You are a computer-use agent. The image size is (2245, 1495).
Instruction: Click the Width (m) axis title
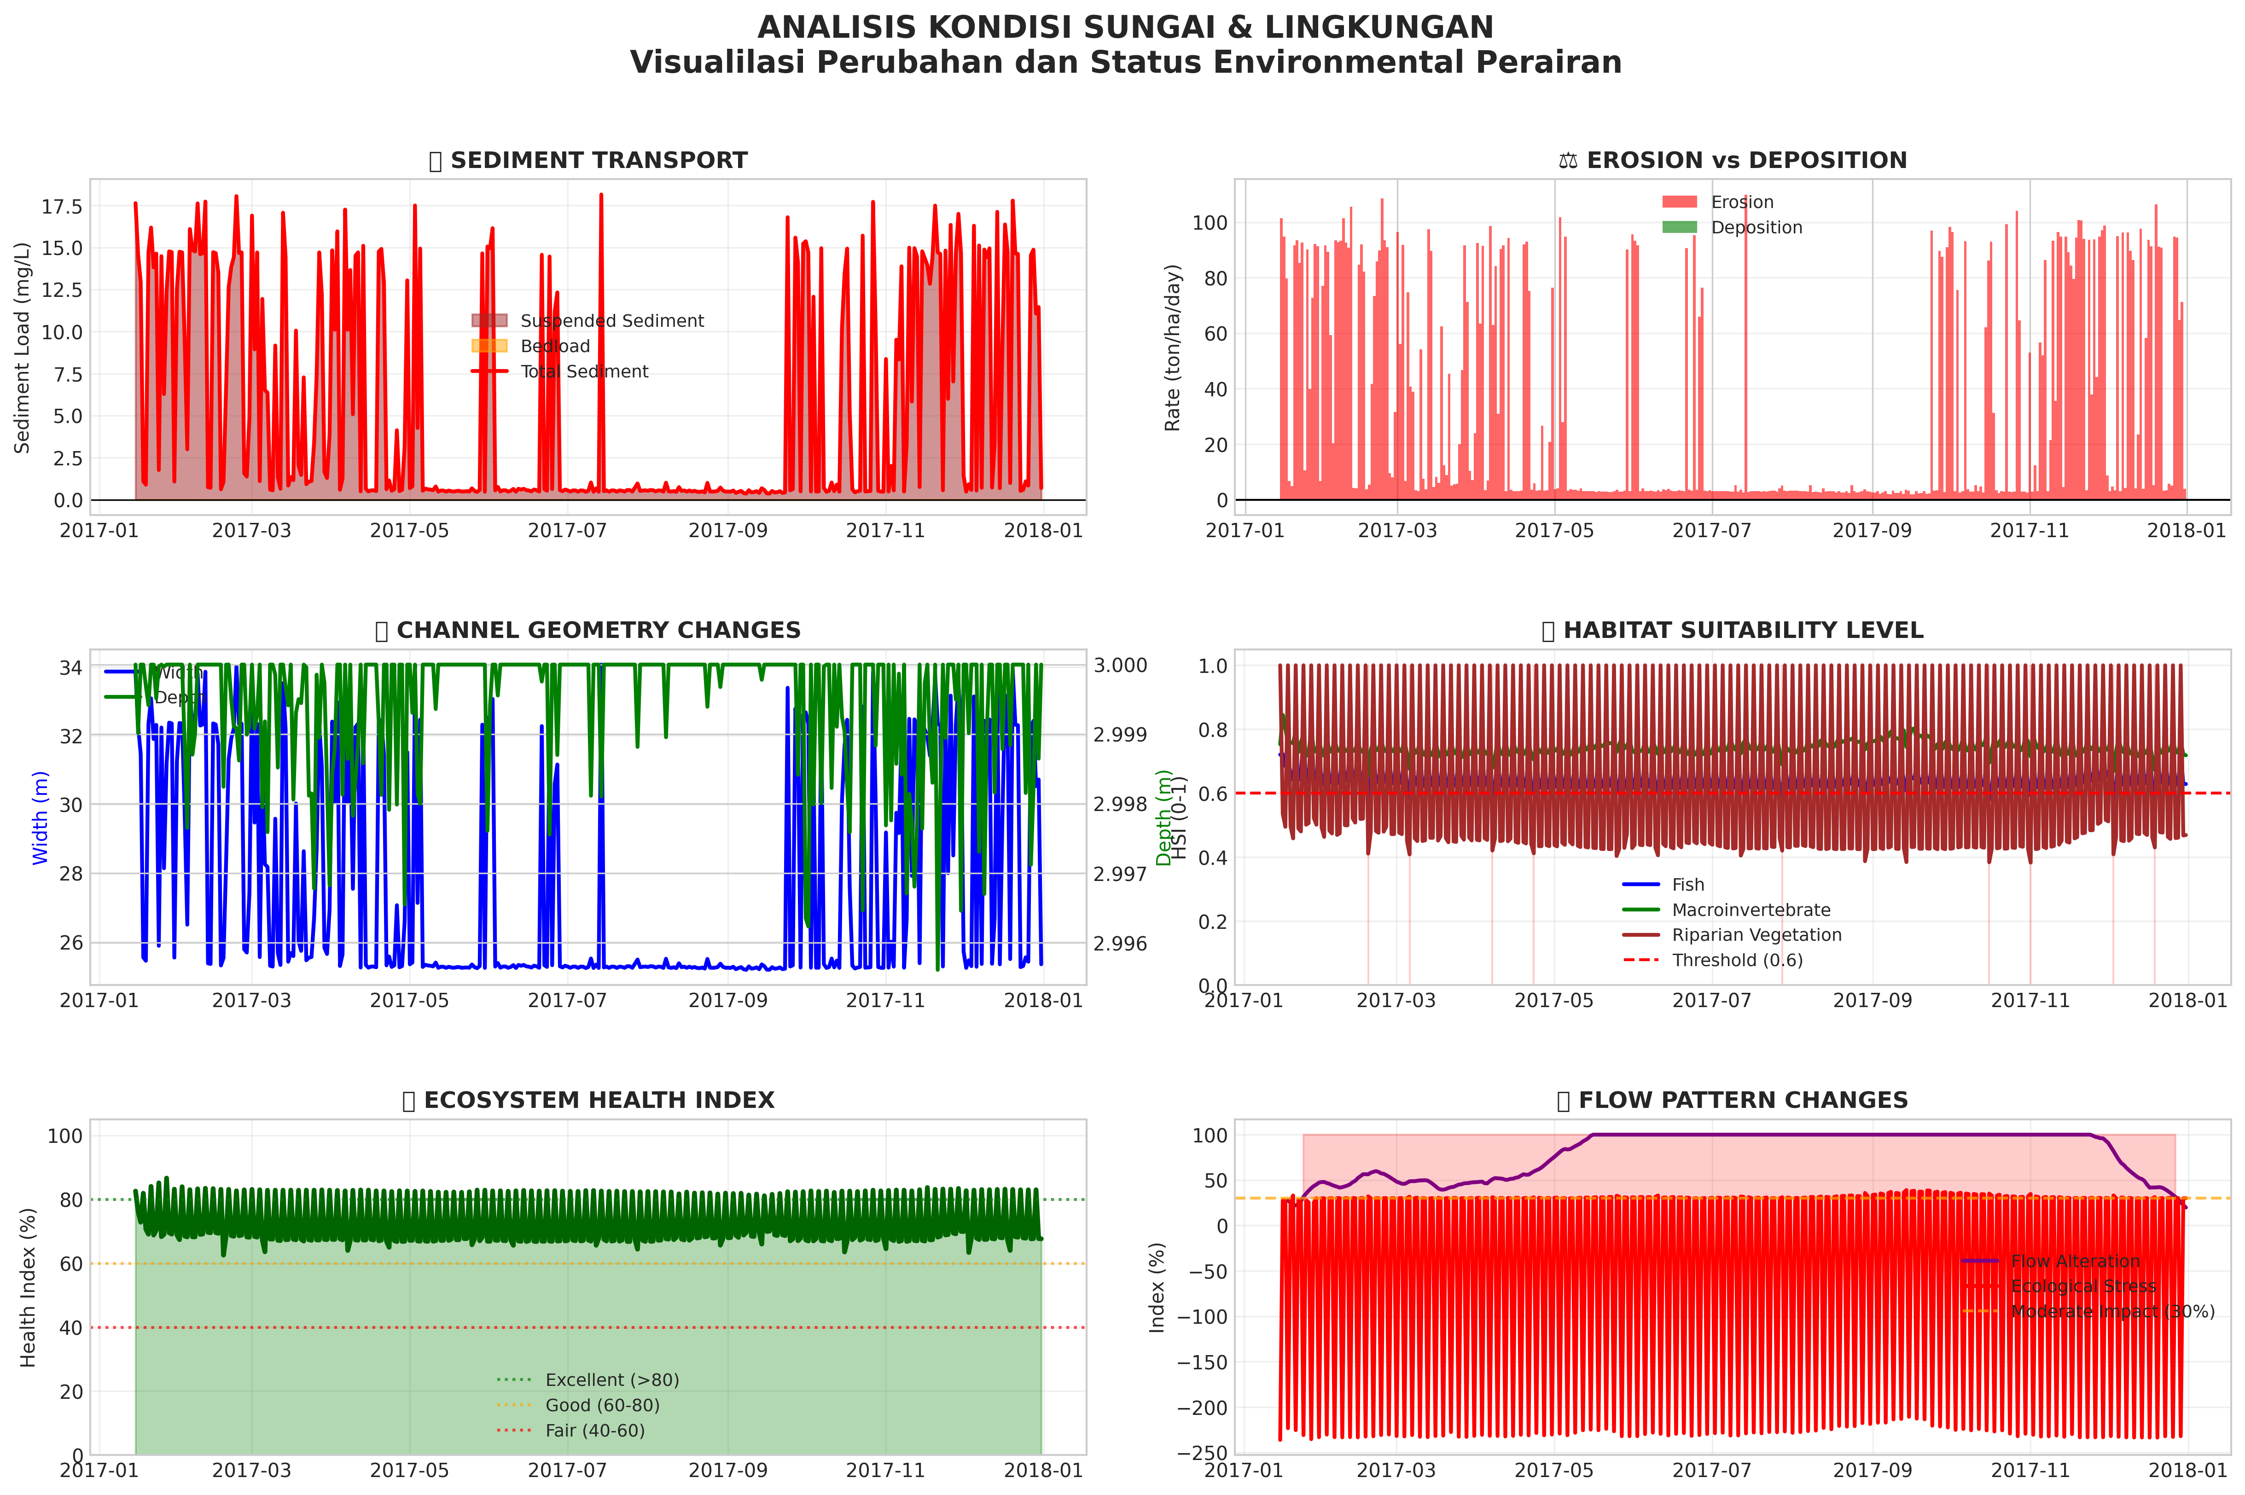pos(40,818)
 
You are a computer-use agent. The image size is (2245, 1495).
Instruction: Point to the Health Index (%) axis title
pos(29,1287)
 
